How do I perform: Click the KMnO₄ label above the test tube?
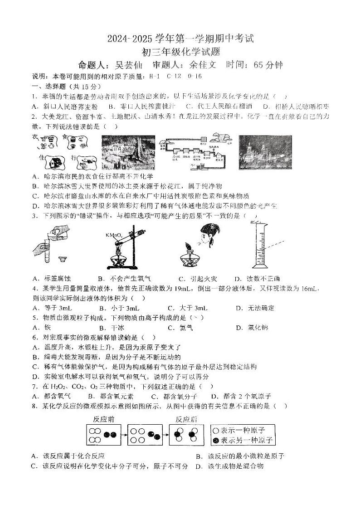pyautogui.click(x=113, y=235)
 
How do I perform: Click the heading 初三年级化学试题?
pyautogui.click(x=180, y=53)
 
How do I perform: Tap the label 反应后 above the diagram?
pyautogui.click(x=186, y=419)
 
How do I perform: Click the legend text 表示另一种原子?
pyautogui.click(x=246, y=440)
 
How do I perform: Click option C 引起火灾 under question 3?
pyautogui.click(x=194, y=279)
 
